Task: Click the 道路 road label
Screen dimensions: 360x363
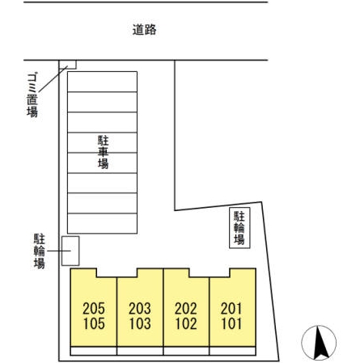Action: (144, 30)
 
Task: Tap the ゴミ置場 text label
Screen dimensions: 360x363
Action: (32, 95)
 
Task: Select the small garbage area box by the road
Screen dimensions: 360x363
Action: (68, 65)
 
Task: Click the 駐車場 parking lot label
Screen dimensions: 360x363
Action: (103, 152)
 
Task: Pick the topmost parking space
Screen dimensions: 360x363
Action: (102, 82)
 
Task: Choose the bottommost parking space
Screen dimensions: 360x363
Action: (102, 223)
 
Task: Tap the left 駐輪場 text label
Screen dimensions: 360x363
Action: (40, 251)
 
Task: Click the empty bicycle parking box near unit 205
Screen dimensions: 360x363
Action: (70, 251)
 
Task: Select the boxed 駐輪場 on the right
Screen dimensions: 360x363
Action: (239, 228)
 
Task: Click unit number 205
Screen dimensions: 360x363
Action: (94, 309)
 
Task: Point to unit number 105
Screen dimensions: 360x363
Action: (94, 323)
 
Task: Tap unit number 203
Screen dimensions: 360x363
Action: (140, 309)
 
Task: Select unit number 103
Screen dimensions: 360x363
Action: (140, 323)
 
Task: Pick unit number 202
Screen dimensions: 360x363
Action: (186, 309)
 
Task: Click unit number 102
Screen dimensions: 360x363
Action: (186, 323)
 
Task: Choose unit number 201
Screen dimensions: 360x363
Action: (231, 309)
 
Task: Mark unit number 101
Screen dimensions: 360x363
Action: (231, 323)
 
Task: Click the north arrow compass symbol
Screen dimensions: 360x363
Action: (319, 343)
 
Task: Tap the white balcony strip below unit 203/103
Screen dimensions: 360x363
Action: (140, 351)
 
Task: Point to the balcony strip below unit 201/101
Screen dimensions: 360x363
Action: (232, 351)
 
